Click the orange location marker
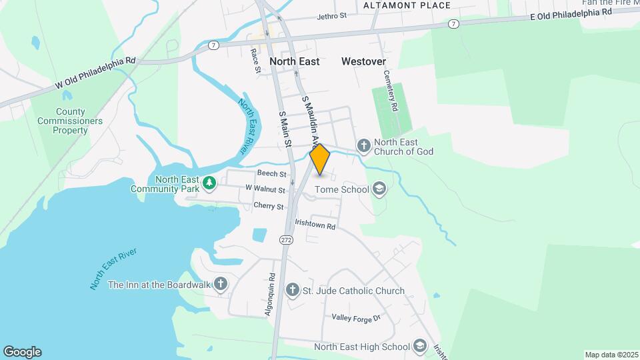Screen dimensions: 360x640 320,160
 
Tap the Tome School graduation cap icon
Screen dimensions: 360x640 379,189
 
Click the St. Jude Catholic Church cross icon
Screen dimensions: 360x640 292,290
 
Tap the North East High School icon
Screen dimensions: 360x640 419,346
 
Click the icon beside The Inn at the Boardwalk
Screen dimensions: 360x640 221,285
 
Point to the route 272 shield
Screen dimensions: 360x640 286,240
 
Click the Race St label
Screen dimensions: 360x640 255,59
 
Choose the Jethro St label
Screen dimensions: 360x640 333,15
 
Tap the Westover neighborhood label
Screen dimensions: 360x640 363,61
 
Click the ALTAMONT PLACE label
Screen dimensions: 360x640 407,5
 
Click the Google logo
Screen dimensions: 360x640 22,352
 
